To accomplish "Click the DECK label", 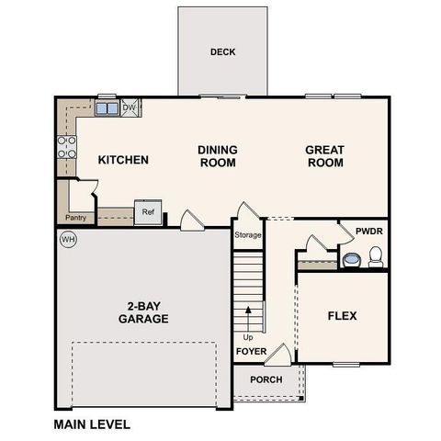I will tap(222, 52).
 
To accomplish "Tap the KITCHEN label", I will tap(123, 160).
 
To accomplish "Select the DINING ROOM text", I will tap(218, 156).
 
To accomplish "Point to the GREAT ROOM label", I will tap(324, 156).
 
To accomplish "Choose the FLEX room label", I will tap(342, 316).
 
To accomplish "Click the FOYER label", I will tap(251, 352).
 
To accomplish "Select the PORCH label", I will tap(266, 380).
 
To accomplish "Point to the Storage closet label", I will tap(248, 235).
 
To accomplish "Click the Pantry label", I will tap(75, 218).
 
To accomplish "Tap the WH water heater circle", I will tap(67, 240).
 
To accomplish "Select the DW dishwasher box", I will tap(130, 107).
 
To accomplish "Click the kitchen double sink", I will tap(107, 108).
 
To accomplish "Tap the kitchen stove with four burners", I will tap(67, 148).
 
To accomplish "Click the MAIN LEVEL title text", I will tap(92, 424).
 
